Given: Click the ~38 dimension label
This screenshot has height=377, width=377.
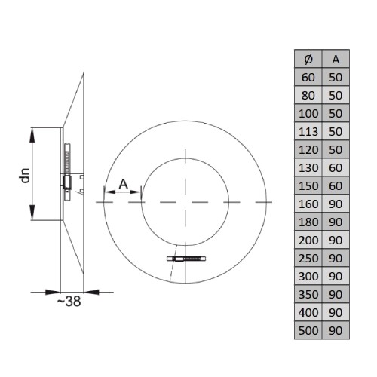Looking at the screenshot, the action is [x=69, y=302].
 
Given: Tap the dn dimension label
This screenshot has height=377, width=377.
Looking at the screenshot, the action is [x=25, y=175].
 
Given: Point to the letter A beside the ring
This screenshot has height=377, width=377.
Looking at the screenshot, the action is [x=124, y=184].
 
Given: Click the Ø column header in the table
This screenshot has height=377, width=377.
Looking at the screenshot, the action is [x=308, y=59].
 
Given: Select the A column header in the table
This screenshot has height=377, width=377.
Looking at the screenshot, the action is [x=336, y=59].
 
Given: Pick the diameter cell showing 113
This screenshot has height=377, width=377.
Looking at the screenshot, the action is [x=308, y=131].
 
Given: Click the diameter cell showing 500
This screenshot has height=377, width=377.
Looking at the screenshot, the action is [x=308, y=330].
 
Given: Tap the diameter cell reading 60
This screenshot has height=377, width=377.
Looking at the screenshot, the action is [x=308, y=77].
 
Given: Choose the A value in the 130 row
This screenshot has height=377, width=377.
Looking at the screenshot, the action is [x=336, y=167].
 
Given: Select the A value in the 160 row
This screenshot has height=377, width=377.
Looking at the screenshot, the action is [x=336, y=204].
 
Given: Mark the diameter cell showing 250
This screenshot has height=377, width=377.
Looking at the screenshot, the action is [x=308, y=258].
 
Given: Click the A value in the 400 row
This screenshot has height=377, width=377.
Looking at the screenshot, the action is [x=336, y=312].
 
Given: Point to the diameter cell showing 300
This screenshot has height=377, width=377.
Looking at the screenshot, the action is [x=308, y=276].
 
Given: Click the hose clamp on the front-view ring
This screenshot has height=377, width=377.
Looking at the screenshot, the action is [x=186, y=259].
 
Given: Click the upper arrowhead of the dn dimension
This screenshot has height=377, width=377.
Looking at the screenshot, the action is [x=32, y=135].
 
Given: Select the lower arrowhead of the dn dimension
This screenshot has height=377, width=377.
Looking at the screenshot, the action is [x=32, y=213].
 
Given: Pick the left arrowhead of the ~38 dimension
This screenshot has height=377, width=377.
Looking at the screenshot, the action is [x=53, y=292].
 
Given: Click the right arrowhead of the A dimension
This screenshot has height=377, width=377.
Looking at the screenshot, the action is [x=135, y=192].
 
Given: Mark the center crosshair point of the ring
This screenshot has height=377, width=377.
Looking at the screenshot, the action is [x=185, y=202].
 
